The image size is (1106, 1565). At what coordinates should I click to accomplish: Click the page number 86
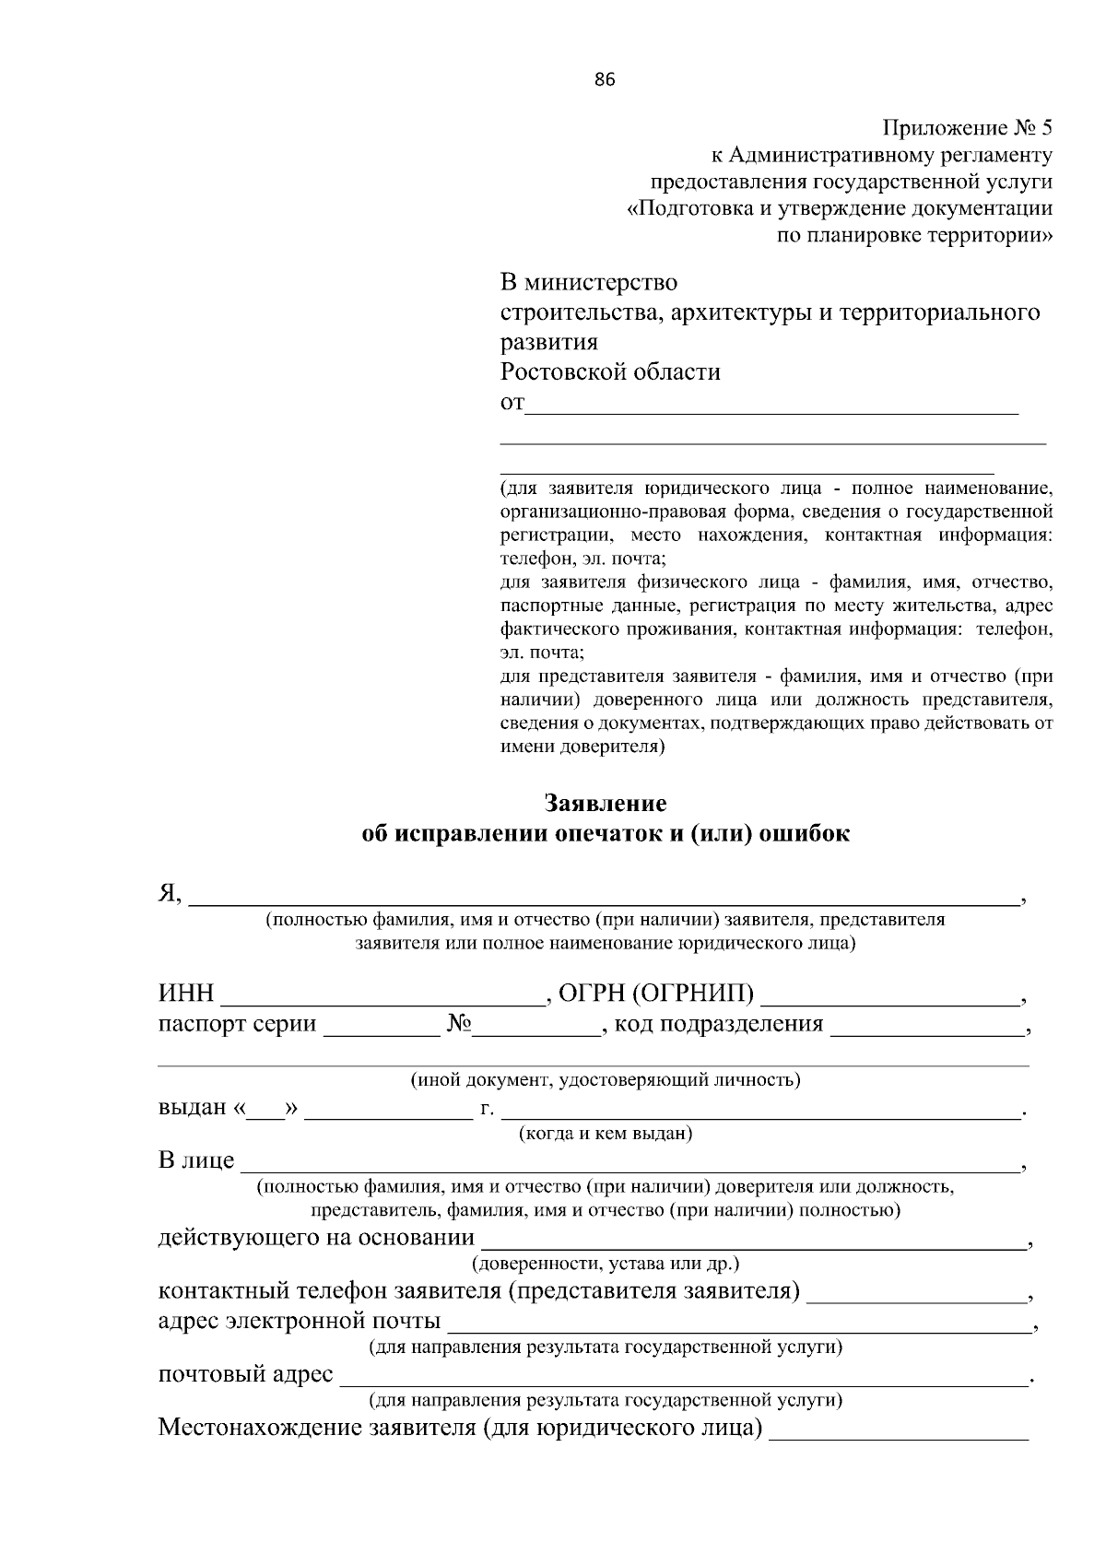pos(605,79)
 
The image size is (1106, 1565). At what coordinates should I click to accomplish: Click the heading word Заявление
pos(605,803)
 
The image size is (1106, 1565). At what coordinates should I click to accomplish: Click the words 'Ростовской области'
pos(610,372)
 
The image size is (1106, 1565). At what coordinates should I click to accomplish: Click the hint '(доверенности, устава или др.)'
pos(606,1264)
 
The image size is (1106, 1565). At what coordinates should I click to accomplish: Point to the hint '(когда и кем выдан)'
pos(606,1134)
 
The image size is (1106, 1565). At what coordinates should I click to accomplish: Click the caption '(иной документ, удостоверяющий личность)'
pos(606,1079)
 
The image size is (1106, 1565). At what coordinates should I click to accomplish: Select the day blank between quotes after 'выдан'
pos(266,1111)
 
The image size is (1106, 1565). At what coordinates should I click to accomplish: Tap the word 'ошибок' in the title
pos(804,834)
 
